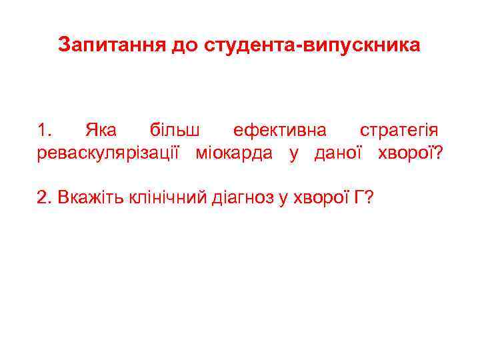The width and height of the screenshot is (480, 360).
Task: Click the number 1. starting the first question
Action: click(x=43, y=129)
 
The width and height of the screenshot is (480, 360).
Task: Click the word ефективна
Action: click(x=275, y=129)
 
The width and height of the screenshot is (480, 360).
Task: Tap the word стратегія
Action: click(x=399, y=129)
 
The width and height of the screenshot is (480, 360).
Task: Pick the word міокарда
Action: click(x=234, y=153)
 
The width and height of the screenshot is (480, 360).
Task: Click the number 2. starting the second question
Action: click(x=44, y=197)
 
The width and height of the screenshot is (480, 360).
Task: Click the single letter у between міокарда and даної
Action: click(x=293, y=154)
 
